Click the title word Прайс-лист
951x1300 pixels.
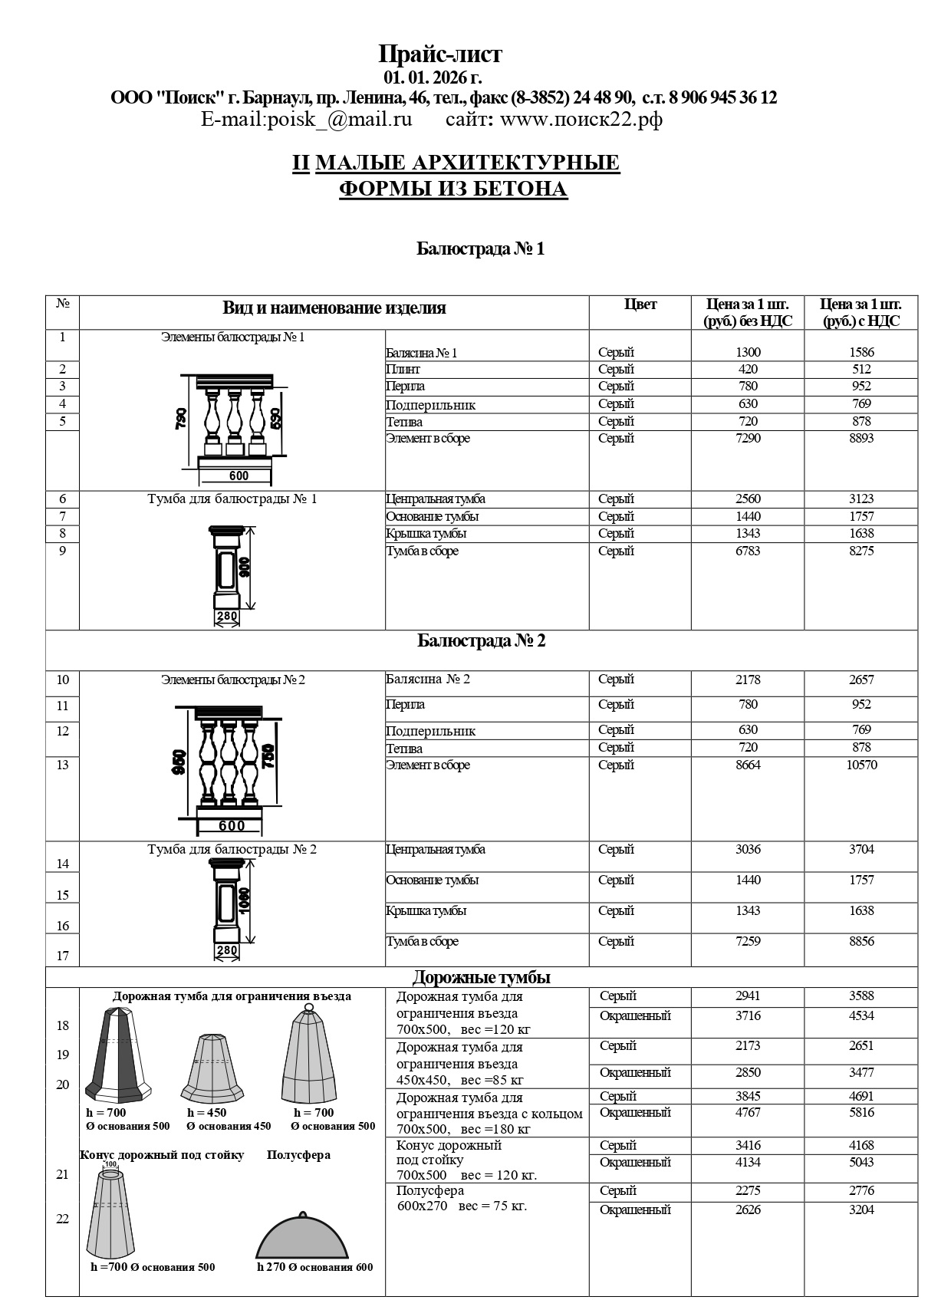click(440, 54)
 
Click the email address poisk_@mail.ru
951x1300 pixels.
click(306, 120)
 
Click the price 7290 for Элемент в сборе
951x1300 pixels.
click(748, 439)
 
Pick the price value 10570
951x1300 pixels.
click(861, 765)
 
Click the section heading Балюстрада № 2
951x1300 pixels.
click(481, 641)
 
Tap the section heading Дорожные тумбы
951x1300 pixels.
click(481, 977)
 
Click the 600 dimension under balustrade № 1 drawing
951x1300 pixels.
click(239, 476)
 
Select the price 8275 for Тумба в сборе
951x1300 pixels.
click(861, 551)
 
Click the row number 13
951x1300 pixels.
click(62, 765)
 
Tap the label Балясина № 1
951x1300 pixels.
click(421, 354)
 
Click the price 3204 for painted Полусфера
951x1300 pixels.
click(861, 1209)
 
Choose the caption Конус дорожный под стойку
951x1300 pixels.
click(162, 1155)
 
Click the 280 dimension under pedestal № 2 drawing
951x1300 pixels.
click(227, 951)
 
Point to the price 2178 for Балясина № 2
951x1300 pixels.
click(748, 680)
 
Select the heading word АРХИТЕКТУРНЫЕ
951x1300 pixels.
click(515, 163)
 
